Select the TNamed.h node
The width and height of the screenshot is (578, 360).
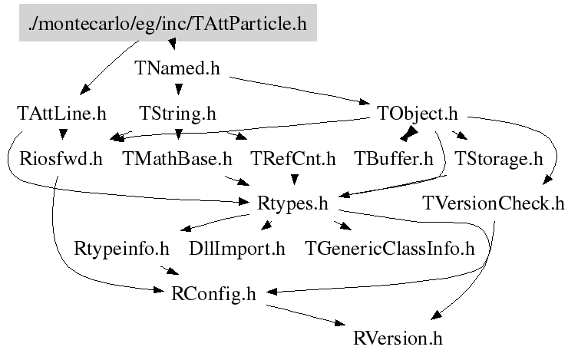[177, 68]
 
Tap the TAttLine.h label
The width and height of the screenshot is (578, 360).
[61, 114]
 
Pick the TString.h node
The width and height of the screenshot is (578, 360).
[177, 114]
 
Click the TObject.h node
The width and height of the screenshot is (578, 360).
[418, 114]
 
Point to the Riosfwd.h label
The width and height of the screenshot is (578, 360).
[61, 159]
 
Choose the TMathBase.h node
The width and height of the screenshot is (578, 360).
[177, 159]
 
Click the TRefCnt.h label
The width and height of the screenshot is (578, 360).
[294, 159]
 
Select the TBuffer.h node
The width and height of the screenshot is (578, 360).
[394, 159]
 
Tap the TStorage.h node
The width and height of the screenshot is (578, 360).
[498, 159]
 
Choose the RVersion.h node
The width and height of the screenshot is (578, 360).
[398, 338]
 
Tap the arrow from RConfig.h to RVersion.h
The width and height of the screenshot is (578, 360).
[307, 315]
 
